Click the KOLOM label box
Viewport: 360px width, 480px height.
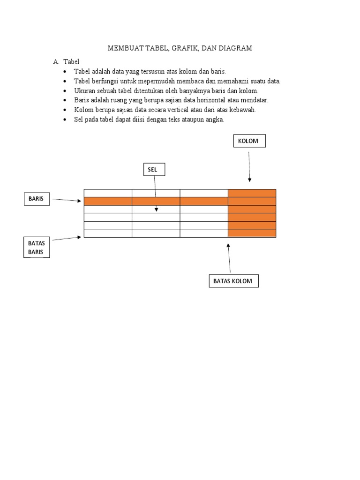[249, 141]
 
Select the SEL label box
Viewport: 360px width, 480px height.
[154, 169]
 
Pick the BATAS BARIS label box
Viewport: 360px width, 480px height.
[37, 247]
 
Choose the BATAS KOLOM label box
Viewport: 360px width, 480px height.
[233, 281]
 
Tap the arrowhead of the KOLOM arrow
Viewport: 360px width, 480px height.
[249, 180]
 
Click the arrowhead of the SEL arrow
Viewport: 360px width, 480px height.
[156, 210]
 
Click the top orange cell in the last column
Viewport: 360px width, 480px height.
[252, 193]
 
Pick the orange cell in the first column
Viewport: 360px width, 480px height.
[108, 201]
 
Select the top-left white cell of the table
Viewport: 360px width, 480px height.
[108, 193]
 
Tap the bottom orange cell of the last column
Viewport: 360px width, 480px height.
[252, 233]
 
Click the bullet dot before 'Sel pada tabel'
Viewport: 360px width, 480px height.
[65, 120]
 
